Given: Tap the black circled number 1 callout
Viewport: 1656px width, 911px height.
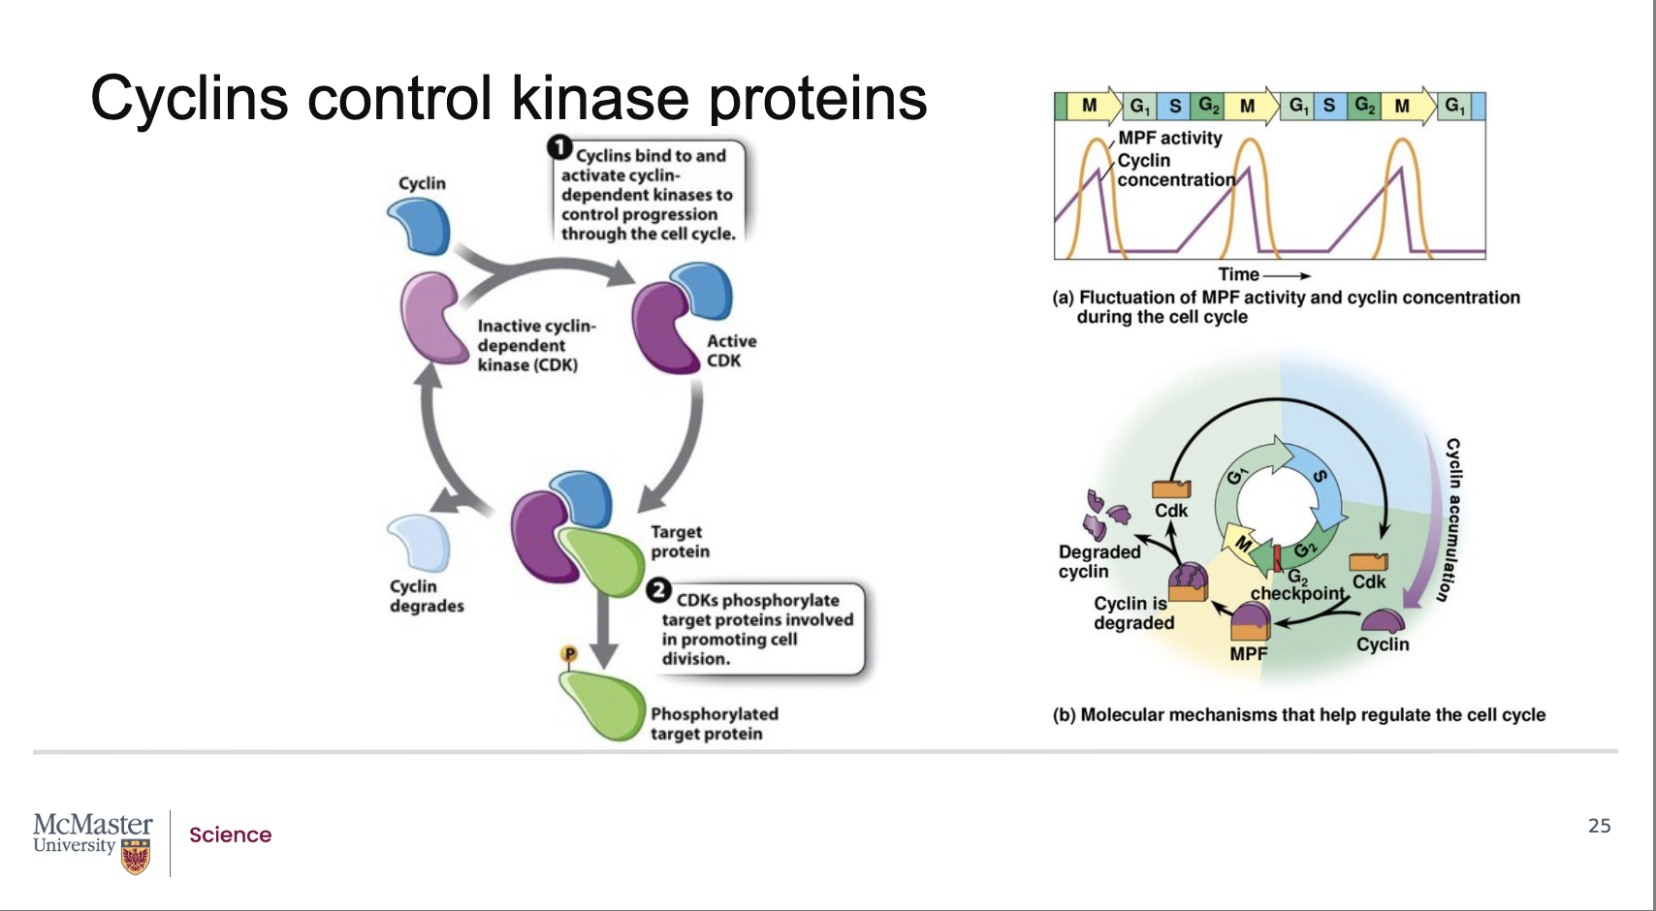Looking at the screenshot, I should pyautogui.click(x=559, y=147).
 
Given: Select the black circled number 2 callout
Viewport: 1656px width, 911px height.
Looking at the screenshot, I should pyautogui.click(x=659, y=590).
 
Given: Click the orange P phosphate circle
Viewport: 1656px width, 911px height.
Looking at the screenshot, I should pyautogui.click(x=569, y=654).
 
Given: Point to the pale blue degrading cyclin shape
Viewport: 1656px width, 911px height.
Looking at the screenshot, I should pyautogui.click(x=420, y=542).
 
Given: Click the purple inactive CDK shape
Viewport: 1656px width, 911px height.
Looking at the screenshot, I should pyautogui.click(x=433, y=318).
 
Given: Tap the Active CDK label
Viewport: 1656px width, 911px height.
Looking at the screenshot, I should pyautogui.click(x=731, y=351).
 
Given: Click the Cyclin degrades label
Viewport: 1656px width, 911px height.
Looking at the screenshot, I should pyautogui.click(x=427, y=596).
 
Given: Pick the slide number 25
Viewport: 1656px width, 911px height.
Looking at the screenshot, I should pyautogui.click(x=1599, y=826).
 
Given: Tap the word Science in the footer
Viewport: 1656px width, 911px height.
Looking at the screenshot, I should pyautogui.click(x=230, y=835).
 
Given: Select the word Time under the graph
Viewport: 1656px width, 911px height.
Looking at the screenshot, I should pyautogui.click(x=1238, y=275).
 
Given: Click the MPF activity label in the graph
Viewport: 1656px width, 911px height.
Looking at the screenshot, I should pyautogui.click(x=1170, y=139).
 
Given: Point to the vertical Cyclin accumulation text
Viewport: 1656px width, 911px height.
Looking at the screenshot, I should pyautogui.click(x=1451, y=519).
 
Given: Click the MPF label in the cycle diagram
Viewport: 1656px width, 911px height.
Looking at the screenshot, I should pyautogui.click(x=1248, y=654).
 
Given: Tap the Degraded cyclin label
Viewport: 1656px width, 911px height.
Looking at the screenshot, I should pyautogui.click(x=1099, y=561).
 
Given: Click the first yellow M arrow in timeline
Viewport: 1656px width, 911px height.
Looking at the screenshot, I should pyautogui.click(x=1093, y=106).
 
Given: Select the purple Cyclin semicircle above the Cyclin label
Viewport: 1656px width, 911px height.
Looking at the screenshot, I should pyautogui.click(x=1382, y=620).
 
